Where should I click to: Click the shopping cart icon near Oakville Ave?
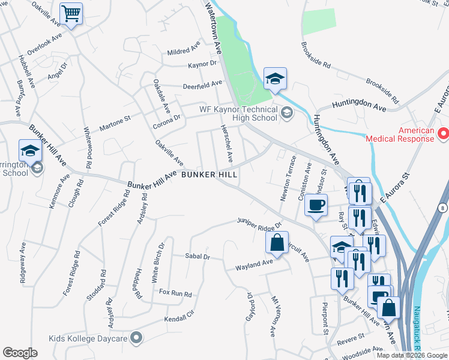(71, 13)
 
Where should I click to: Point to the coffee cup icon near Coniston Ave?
(316, 206)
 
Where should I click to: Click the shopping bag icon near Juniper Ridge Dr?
(277, 242)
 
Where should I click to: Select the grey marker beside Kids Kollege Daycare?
(137, 338)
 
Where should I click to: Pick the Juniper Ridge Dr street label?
(259, 223)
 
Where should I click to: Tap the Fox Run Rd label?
(175, 293)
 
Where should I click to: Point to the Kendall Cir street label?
(179, 315)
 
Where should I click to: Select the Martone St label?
(114, 124)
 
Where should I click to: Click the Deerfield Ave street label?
(203, 85)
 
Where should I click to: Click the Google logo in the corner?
(20, 353)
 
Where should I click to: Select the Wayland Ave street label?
(254, 264)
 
